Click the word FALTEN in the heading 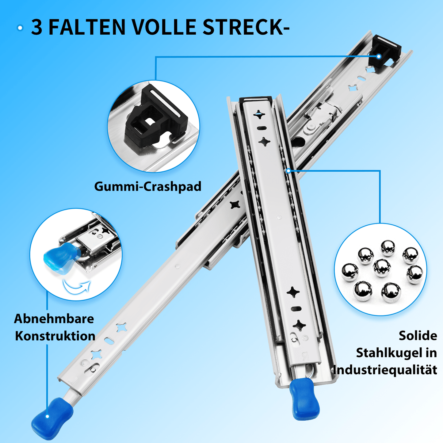(87, 27)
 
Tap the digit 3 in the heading (37, 27)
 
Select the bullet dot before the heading (20, 28)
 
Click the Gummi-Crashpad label (148, 186)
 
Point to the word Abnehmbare (54, 319)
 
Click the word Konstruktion (55, 336)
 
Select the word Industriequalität (385, 370)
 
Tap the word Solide (418, 336)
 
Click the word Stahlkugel (389, 353)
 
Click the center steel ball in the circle (382, 267)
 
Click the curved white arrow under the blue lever (77, 287)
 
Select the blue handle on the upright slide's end (304, 399)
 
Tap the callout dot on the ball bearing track (288, 171)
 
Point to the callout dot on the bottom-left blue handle (47, 416)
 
